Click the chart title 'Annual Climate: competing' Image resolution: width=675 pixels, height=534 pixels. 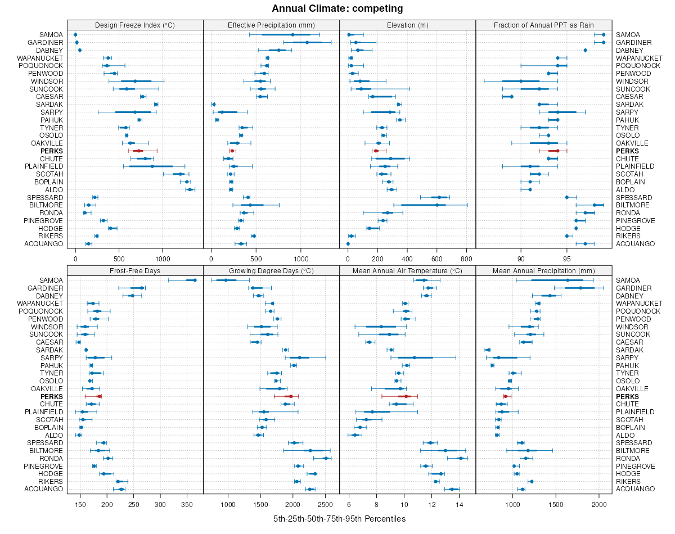(337, 8)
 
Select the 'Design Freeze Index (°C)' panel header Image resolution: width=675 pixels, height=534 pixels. (134, 25)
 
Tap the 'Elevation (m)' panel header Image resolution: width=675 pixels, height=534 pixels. (407, 25)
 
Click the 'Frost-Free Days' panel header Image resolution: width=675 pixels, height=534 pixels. (134, 270)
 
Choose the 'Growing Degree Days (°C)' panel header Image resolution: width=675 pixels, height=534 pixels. (271, 270)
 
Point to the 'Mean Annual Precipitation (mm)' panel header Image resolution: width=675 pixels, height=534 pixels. (543, 270)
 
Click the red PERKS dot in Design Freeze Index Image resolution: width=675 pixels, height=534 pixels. (139, 151)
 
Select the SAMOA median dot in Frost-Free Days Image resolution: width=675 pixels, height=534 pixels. (195, 280)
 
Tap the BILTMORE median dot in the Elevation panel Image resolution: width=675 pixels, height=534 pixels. (436, 205)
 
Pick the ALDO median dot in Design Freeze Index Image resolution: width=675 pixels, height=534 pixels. (190, 189)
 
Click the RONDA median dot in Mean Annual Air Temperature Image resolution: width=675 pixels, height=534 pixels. (461, 458)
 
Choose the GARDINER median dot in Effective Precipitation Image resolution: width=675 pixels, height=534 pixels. (307, 43)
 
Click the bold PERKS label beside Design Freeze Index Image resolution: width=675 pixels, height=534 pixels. (52, 151)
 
